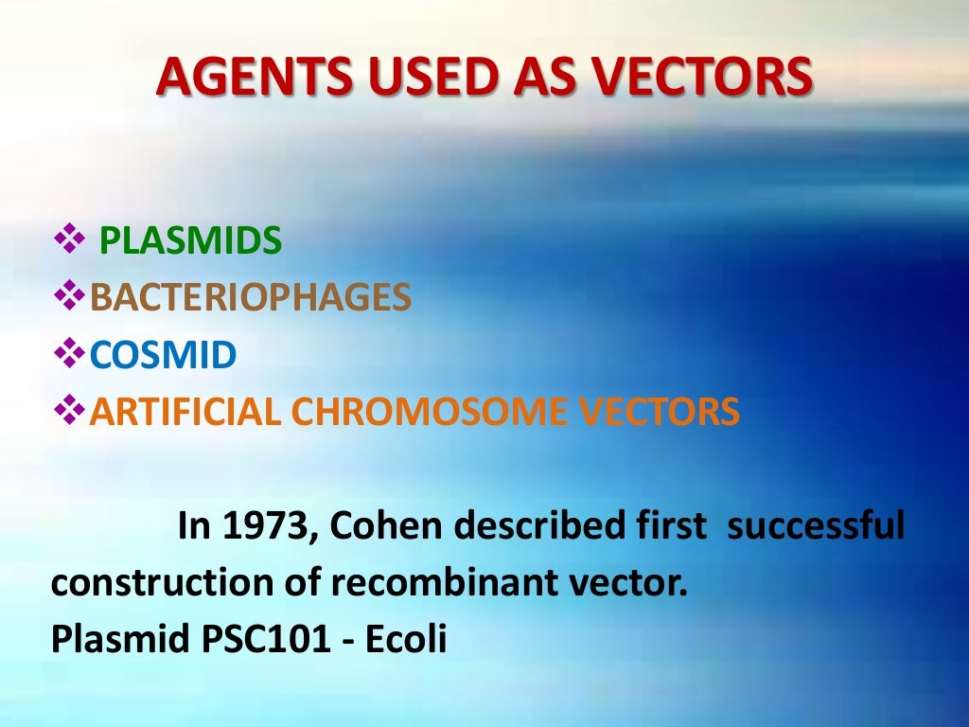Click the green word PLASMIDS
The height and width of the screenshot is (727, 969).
[x=190, y=242]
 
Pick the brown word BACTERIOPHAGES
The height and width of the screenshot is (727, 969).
[x=251, y=298]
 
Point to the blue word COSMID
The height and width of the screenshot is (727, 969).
[x=163, y=356]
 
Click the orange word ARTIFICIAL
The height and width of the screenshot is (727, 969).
[x=185, y=412]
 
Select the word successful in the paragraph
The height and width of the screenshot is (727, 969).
[x=816, y=526]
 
